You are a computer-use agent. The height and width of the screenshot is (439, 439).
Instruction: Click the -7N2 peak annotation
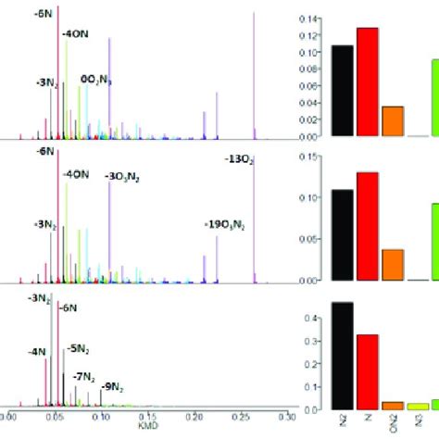89,376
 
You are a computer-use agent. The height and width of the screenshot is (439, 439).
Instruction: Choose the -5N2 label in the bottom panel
77,350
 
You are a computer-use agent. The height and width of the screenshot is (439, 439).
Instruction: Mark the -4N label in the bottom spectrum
36,351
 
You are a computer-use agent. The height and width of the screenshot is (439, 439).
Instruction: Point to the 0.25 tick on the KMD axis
241,418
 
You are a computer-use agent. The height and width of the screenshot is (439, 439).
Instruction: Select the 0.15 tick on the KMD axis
146,418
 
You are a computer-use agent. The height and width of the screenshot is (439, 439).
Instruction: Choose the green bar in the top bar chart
433,97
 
